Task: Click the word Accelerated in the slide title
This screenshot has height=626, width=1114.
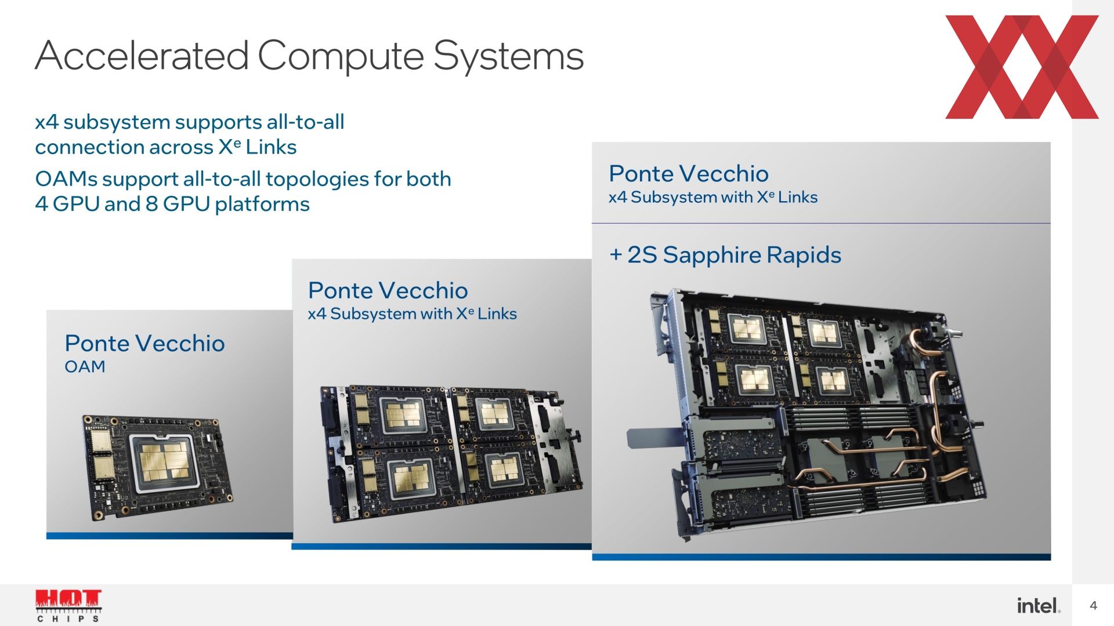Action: [x=142, y=56]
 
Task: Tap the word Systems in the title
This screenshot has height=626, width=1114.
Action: [x=508, y=57]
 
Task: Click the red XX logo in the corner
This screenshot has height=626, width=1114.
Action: [x=1022, y=67]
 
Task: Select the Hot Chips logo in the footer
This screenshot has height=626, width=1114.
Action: [x=68, y=606]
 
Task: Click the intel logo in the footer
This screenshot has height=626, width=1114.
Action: [x=1039, y=606]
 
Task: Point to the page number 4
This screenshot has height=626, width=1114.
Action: [x=1093, y=606]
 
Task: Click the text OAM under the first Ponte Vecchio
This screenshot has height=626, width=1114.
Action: [x=85, y=367]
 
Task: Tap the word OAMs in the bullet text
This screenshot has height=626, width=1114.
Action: [x=66, y=179]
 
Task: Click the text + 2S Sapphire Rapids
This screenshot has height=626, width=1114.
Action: [x=725, y=255]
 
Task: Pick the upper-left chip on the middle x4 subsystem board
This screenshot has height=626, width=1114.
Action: [x=403, y=416]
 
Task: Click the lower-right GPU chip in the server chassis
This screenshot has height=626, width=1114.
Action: [x=833, y=380]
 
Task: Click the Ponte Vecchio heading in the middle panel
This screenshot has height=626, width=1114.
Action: [x=388, y=290]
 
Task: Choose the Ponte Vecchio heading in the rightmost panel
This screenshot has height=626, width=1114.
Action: [x=689, y=174]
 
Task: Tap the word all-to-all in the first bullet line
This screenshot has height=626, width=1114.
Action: [x=305, y=122]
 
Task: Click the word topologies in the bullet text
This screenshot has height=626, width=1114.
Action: [x=317, y=180]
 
